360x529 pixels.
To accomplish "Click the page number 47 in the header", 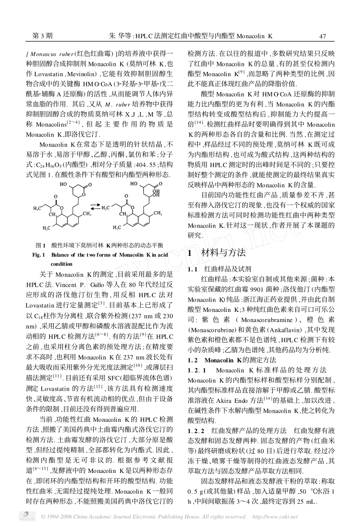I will tap(322, 36).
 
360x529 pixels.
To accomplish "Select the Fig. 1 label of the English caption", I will tap(39, 255).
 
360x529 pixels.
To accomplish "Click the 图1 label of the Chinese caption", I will tap(40, 245).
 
